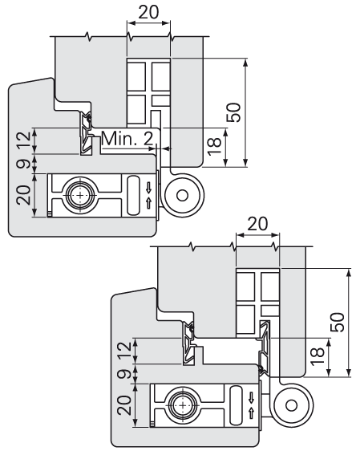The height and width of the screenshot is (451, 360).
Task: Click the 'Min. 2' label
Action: point(127,138)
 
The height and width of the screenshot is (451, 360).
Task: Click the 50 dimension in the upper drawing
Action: point(233,112)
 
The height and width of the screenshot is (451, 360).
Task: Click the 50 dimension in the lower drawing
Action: point(338,322)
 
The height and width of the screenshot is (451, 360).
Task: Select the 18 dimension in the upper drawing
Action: point(214,147)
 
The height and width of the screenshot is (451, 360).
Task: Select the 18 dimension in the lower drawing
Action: point(318,356)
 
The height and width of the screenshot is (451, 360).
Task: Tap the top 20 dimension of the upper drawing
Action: point(148,12)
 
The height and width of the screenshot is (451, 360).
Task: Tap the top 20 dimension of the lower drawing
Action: point(257,224)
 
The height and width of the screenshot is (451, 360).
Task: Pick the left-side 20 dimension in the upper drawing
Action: point(23,195)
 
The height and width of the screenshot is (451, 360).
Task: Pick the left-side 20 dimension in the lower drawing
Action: point(125,405)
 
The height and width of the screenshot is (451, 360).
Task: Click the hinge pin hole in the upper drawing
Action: point(182,196)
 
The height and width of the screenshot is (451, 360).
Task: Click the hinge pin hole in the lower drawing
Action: point(291,405)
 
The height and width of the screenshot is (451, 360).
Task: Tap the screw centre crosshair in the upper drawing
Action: point(79,195)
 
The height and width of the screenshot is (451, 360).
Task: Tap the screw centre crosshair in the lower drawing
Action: point(183,405)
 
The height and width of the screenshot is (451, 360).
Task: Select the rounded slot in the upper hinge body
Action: point(133,195)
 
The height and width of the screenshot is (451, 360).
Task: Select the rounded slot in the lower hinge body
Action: point(236,405)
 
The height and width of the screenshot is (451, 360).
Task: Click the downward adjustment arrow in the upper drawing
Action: point(148,189)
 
